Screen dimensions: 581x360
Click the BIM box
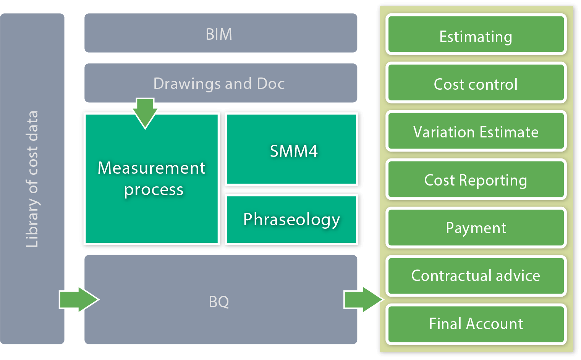pos(221,33)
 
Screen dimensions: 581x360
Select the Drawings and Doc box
pos(221,83)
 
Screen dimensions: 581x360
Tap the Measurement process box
pos(152,179)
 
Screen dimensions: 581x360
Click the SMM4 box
pos(291,149)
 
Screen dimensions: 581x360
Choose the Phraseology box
pos(291,220)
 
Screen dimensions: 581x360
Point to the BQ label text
pos(219,302)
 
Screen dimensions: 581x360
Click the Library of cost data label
pos(32,179)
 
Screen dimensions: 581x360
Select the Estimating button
pos(476,34)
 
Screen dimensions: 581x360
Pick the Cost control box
pos(476,82)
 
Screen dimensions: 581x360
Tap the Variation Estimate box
pos(476,131)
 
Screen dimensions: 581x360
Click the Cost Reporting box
pos(476,179)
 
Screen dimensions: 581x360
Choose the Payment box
pos(476,228)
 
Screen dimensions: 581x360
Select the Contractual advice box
pos(476,276)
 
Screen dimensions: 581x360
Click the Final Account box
pos(476,324)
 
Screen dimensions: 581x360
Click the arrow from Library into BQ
pos(79,299)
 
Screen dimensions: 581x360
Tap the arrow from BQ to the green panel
pos(364,299)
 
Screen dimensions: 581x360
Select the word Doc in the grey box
pos(271,84)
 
